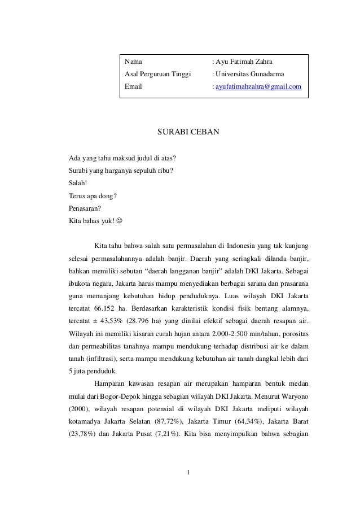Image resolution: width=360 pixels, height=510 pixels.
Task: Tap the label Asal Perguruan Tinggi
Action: point(157,74)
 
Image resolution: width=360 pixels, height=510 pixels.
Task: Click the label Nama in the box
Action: point(134,61)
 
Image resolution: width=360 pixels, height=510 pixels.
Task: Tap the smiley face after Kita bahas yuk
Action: point(117,220)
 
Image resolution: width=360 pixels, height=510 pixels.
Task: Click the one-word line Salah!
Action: point(78,183)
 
